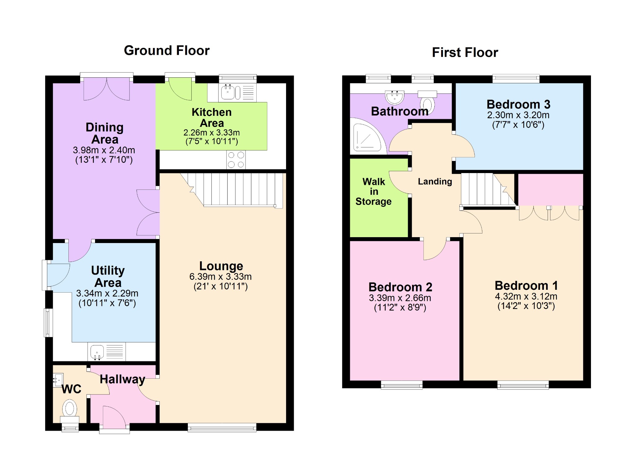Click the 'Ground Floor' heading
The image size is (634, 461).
(x=167, y=50)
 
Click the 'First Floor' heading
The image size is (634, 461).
(x=465, y=52)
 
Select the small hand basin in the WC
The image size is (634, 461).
(x=58, y=380)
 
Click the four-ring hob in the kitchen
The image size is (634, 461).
(x=236, y=160)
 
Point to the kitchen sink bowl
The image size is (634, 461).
(x=228, y=92)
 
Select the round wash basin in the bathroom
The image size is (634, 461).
(x=395, y=97)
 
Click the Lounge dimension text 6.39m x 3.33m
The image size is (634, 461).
(x=220, y=276)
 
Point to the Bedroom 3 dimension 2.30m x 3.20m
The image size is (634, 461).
(x=518, y=115)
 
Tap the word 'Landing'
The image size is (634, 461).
(x=435, y=181)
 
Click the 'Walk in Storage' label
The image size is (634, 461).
(x=374, y=191)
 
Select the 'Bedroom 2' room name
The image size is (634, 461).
(x=400, y=287)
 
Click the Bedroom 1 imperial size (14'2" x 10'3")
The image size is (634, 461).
(x=526, y=306)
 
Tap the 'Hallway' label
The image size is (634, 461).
(x=122, y=379)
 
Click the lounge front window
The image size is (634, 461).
(x=222, y=427)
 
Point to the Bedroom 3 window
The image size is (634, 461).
(x=516, y=79)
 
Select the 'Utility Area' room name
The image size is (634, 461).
(x=108, y=276)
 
